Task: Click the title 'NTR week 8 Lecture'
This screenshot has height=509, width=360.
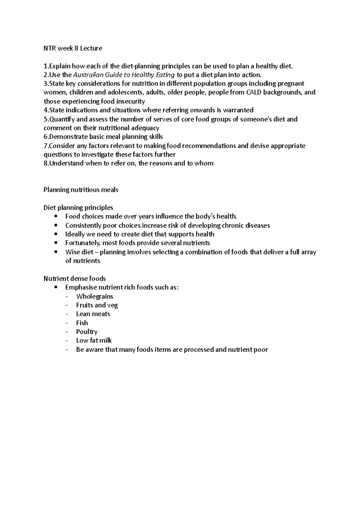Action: (73, 48)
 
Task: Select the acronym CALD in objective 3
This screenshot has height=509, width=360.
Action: (253, 92)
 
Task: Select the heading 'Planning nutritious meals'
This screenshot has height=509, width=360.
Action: (81, 190)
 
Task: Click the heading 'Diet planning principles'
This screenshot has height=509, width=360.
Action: (78, 207)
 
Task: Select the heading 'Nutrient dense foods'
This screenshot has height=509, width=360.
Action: (75, 278)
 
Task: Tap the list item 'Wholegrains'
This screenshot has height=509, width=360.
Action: (94, 296)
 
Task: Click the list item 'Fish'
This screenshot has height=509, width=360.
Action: (82, 323)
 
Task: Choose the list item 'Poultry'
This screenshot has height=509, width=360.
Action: (87, 332)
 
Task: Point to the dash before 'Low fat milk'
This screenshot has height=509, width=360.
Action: (66, 341)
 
